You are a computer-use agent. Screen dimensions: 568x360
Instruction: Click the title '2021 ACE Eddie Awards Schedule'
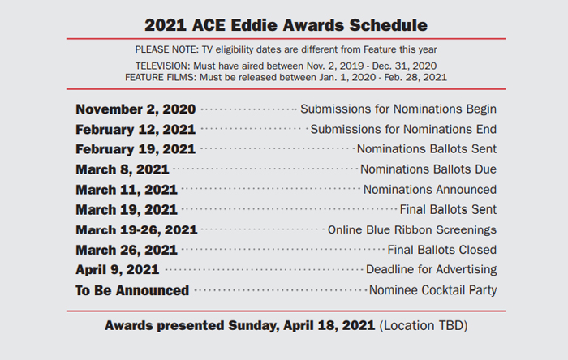pyautogui.click(x=286, y=25)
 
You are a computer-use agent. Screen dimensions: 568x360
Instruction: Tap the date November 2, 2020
pyautogui.click(x=136, y=109)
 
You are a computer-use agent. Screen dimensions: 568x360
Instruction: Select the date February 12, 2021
pyautogui.click(x=136, y=130)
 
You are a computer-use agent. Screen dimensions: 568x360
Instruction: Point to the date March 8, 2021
pyautogui.click(x=123, y=169)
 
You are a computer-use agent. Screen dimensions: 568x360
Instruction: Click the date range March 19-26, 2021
pyautogui.click(x=136, y=230)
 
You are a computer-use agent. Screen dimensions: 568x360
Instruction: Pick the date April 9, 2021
pyautogui.click(x=118, y=270)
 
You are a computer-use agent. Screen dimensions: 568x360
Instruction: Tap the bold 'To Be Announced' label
pyautogui.click(x=132, y=290)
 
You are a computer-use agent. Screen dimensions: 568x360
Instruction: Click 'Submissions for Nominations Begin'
pyautogui.click(x=398, y=109)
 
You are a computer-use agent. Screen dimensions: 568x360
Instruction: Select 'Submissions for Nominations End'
pyautogui.click(x=403, y=130)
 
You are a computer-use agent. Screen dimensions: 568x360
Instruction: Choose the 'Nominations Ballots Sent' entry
pyautogui.click(x=427, y=149)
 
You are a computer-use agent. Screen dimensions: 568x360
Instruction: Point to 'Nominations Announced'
pyautogui.click(x=430, y=190)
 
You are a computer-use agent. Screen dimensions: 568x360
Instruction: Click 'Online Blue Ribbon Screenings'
pyautogui.click(x=412, y=230)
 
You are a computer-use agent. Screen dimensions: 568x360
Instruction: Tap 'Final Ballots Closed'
pyautogui.click(x=442, y=250)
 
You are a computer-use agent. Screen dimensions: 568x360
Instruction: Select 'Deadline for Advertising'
pyautogui.click(x=432, y=270)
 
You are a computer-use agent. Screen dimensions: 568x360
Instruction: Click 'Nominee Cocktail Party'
pyautogui.click(x=432, y=290)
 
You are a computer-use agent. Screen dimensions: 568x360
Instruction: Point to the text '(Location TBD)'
pyautogui.click(x=424, y=326)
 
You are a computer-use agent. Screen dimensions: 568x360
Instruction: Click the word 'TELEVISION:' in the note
pyautogui.click(x=162, y=66)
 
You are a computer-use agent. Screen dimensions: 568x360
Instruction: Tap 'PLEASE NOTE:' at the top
pyautogui.click(x=167, y=49)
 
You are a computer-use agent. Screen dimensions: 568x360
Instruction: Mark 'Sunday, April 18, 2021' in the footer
pyautogui.click(x=301, y=326)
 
